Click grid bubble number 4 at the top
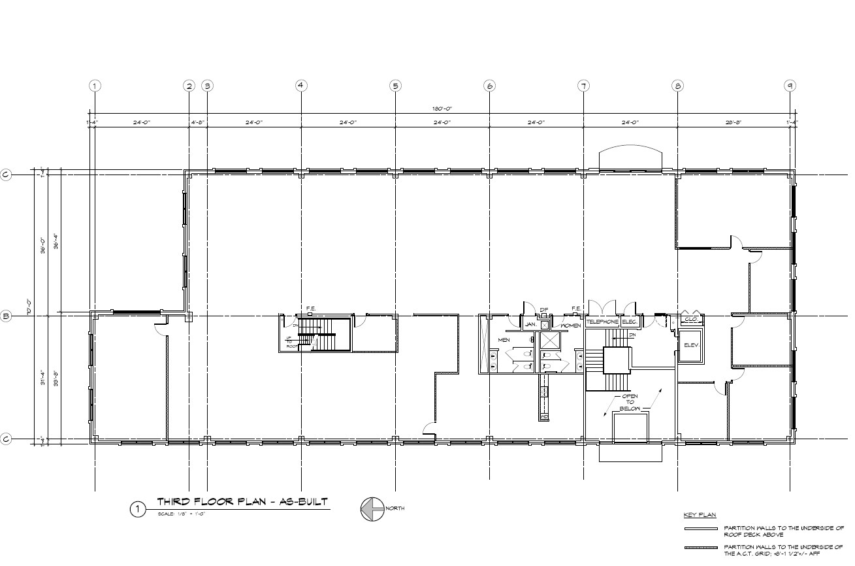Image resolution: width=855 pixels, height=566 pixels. (x=300, y=85)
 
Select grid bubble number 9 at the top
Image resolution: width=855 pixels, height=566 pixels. (x=790, y=85)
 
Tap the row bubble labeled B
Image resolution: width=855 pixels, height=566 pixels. (x=7, y=316)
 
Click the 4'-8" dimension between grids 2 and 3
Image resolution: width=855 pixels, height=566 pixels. (x=198, y=122)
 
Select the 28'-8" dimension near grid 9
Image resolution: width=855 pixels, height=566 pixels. (x=733, y=122)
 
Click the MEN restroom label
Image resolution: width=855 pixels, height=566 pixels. (x=504, y=340)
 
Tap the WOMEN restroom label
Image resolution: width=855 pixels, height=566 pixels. (x=570, y=325)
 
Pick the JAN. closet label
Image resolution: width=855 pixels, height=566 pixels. (x=530, y=324)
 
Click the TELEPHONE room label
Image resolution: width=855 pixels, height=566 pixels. (x=602, y=322)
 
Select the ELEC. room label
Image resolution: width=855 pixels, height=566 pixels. (x=630, y=322)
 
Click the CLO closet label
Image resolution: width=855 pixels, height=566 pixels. (x=691, y=320)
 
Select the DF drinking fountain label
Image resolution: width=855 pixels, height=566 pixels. (x=544, y=310)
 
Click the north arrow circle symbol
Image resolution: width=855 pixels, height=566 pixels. (x=372, y=509)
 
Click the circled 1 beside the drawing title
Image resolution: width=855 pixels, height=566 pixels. (x=138, y=509)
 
